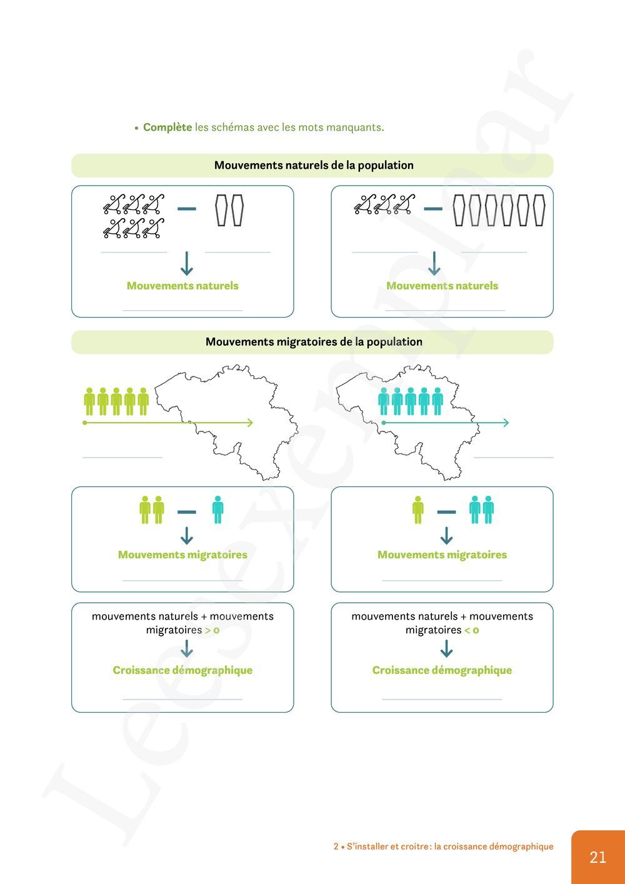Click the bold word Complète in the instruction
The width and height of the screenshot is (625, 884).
(x=167, y=128)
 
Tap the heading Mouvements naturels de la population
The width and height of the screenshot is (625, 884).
(x=314, y=166)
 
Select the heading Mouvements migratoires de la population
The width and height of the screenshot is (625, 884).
(x=314, y=342)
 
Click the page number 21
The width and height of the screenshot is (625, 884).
(x=597, y=857)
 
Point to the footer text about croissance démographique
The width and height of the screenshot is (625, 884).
(x=443, y=846)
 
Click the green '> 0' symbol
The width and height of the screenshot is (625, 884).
(x=212, y=630)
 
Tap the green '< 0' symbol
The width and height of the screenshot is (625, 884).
(x=472, y=630)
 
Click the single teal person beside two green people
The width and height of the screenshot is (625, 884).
(x=217, y=510)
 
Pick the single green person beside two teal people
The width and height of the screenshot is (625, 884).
(x=418, y=510)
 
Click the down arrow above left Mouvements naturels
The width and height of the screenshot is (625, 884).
(x=186, y=264)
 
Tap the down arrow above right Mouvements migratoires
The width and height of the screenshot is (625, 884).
(x=446, y=536)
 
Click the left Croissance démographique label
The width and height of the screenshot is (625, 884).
(x=182, y=670)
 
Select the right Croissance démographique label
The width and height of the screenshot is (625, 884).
(x=442, y=670)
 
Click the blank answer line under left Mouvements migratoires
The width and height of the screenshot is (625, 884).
(x=182, y=580)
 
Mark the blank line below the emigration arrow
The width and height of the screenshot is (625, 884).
(x=513, y=457)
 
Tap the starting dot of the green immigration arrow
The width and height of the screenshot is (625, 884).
(x=85, y=423)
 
